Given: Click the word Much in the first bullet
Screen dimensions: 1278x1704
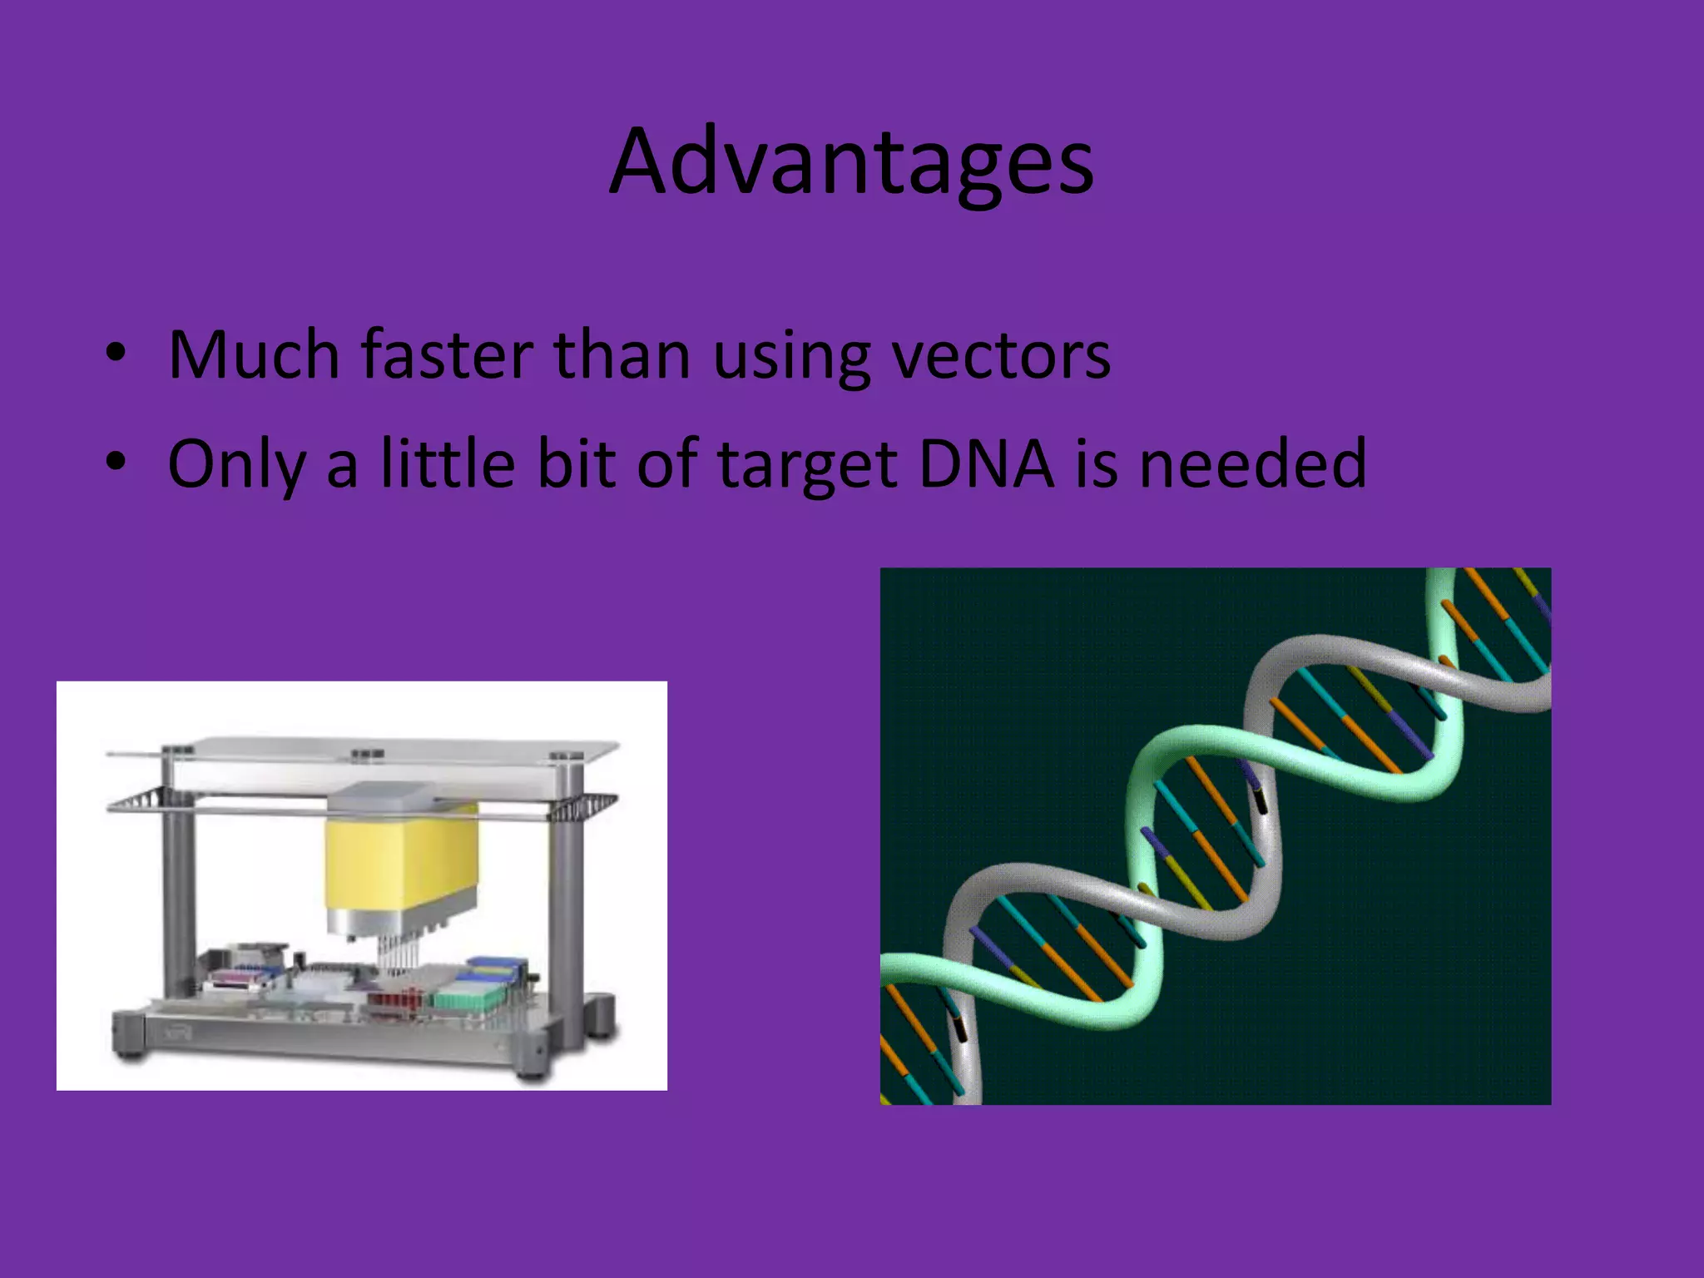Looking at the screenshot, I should pos(254,355).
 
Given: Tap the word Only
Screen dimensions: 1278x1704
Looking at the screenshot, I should pos(235,464).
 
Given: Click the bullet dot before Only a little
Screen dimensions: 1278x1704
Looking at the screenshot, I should pos(116,462).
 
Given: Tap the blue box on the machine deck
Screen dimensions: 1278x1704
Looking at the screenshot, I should pos(495,965).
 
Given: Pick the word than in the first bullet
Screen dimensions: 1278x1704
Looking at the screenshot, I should pos(622,355).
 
